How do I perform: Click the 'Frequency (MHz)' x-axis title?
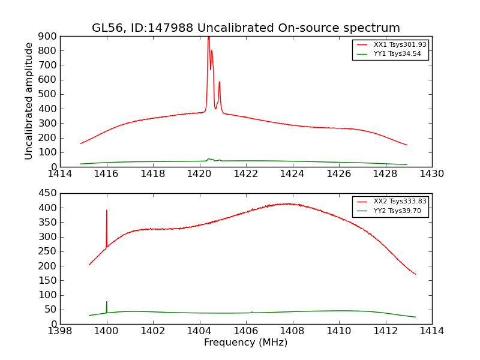[245, 343]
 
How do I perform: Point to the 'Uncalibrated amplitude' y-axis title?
[29, 101]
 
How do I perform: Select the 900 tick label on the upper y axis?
[49, 36]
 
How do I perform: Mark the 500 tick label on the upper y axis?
[49, 94]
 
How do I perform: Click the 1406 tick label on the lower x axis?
[246, 331]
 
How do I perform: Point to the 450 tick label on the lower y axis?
[49, 193]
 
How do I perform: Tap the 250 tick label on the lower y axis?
[49, 251]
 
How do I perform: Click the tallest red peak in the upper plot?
[209, 38]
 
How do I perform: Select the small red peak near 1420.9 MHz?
[220, 82]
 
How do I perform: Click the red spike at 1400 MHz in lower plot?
[107, 211]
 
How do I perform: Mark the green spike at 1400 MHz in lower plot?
[107, 302]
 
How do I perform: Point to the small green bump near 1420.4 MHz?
[209, 159]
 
